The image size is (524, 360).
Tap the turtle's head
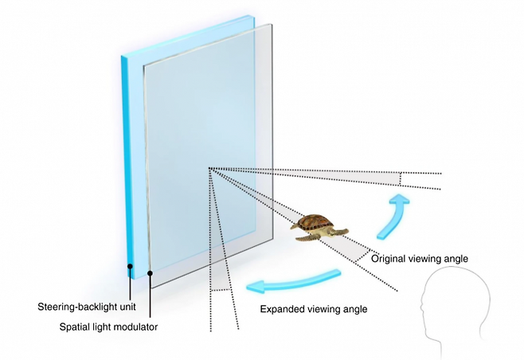pos(343,233)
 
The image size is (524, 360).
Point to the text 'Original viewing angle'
pos(419,258)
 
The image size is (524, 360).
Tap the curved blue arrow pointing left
pos(291,281)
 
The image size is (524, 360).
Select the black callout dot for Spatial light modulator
pos(151,272)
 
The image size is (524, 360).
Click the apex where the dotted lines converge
pos(209,168)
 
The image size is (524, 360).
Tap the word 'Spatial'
pos(77,327)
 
